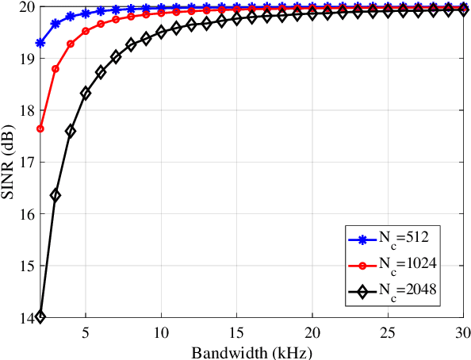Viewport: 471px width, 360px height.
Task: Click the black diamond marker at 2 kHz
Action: (x=40, y=316)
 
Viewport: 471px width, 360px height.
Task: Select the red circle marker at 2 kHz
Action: (x=40, y=128)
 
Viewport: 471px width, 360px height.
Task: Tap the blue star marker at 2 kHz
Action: (x=40, y=43)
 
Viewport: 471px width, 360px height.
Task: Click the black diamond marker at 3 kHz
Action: (x=56, y=194)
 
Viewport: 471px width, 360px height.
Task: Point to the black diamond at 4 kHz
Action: (x=71, y=132)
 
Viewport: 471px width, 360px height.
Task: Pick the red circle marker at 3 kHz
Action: (x=56, y=69)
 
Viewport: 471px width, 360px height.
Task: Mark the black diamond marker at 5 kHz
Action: (x=86, y=93)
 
